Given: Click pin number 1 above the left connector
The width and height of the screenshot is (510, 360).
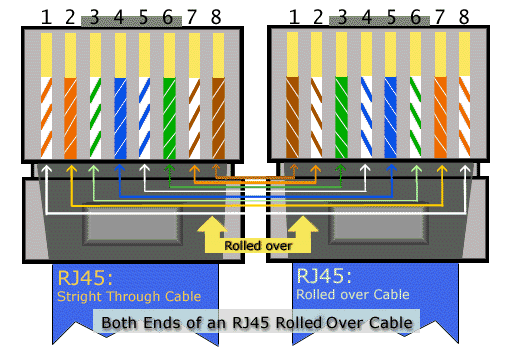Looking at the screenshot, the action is [x=46, y=17].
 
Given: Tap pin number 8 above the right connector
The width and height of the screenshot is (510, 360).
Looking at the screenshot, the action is [x=464, y=17].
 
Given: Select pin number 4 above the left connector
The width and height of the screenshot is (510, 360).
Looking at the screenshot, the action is [x=119, y=17].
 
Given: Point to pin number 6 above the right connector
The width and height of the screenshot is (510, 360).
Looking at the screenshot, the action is [x=415, y=17].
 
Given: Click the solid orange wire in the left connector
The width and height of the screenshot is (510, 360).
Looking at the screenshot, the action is [x=70, y=118].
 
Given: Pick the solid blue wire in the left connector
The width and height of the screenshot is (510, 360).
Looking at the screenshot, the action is [x=120, y=118].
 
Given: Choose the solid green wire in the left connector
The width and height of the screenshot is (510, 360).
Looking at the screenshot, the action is [x=169, y=118].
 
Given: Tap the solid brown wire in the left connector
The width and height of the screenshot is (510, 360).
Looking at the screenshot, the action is [x=218, y=118].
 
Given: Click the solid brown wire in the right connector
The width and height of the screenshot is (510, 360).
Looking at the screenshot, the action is [x=292, y=117].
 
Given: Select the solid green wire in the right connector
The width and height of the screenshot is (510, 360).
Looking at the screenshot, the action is [x=341, y=117].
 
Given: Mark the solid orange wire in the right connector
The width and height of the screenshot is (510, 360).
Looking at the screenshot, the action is [x=440, y=117].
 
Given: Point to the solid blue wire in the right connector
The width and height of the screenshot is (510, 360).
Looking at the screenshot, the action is [x=390, y=117].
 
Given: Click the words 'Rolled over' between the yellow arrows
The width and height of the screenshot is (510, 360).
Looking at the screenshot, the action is [x=258, y=246].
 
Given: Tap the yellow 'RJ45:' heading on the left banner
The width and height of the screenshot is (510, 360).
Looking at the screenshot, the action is [x=85, y=278].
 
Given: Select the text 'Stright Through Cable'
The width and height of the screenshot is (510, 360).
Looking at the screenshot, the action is [x=129, y=296].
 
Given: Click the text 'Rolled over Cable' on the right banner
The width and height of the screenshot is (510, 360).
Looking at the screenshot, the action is [x=353, y=294].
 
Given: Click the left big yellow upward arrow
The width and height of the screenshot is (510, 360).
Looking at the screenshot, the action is [x=212, y=233].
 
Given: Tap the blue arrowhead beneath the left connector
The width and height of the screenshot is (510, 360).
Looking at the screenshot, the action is [x=119, y=168].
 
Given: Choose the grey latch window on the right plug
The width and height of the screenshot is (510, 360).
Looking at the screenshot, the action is [x=378, y=224].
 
